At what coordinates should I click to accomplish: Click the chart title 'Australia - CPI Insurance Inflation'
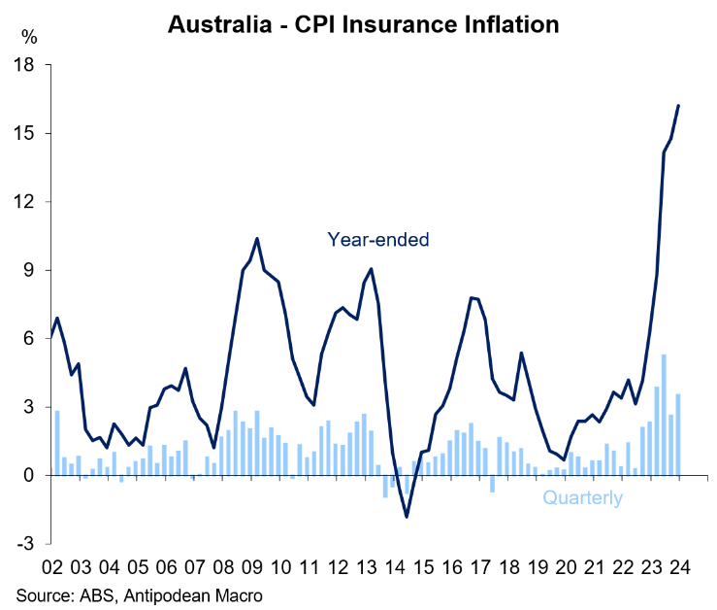pos(364,23)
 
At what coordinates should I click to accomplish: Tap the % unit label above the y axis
pos(30,39)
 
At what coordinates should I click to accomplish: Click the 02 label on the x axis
pos(52,567)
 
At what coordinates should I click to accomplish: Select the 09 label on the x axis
pos(251,567)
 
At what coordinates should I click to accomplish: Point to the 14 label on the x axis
pos(394,567)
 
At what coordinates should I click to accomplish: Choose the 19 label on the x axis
pos(537,567)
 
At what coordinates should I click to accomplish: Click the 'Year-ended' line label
pos(377,239)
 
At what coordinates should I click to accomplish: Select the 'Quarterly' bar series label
pos(582,498)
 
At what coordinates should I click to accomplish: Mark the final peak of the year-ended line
pos(678,106)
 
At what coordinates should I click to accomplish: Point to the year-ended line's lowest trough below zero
pos(407,516)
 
